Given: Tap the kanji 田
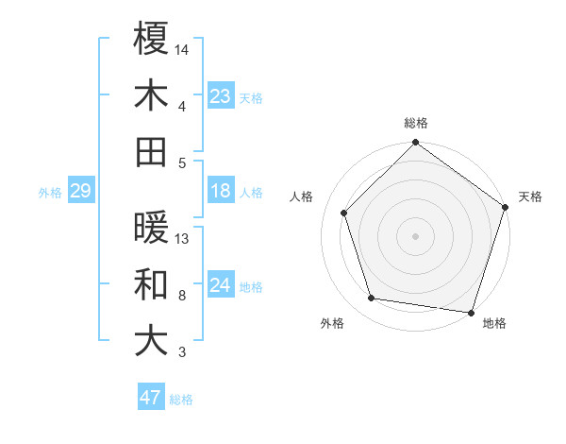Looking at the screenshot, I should coord(151,151).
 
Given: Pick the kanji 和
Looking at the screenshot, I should coord(151,284).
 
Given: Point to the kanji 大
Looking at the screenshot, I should coord(151,341).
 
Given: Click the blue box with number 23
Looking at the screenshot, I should coord(221,95).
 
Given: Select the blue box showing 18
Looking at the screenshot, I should coord(221,192).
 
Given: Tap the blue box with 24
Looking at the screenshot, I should coord(221,285).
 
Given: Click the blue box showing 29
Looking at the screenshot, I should coord(80,192).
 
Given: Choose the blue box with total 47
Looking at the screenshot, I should coord(151,398).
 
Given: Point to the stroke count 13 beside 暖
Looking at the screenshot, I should coord(182,239).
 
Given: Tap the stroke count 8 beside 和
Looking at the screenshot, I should coord(182,296).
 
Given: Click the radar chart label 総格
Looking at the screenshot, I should coord(416,123).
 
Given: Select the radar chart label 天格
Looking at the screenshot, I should coord(530,197).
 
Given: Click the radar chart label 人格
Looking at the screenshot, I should coord(302,197).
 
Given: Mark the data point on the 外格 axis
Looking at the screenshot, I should coord(372,299).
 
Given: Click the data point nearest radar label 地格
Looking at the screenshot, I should coord(471,312).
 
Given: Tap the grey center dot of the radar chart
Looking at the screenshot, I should coord(415,236).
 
